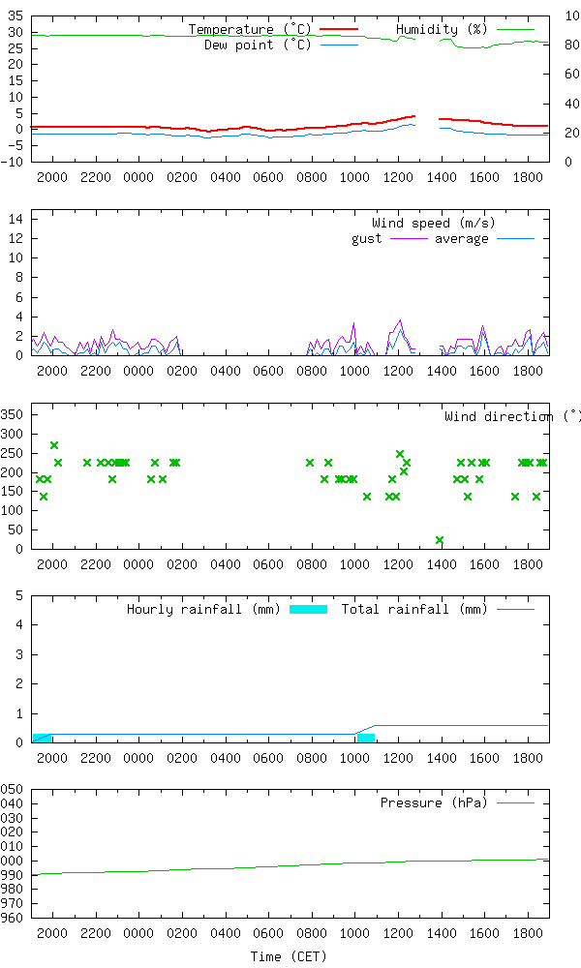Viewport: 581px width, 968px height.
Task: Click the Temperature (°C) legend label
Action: [250, 30]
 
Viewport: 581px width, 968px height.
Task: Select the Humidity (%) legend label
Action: [442, 30]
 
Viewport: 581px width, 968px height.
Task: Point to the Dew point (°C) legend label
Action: [258, 45]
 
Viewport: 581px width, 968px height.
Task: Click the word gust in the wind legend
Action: [366, 239]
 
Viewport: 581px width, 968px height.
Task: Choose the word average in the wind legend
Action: [461, 239]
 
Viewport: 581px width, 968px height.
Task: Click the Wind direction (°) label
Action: [511, 417]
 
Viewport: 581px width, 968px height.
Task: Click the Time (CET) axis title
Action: [289, 956]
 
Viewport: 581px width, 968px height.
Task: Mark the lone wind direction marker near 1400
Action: [440, 540]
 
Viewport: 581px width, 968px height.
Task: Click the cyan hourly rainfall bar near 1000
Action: [366, 738]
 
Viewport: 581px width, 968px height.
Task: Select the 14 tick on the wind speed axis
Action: [15, 220]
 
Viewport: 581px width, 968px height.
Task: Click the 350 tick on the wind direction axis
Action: [12, 413]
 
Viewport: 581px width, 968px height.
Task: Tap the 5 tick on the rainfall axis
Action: [19, 595]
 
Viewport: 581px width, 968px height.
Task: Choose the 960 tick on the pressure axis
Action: [12, 918]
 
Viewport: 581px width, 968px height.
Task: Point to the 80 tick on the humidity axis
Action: [571, 45]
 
